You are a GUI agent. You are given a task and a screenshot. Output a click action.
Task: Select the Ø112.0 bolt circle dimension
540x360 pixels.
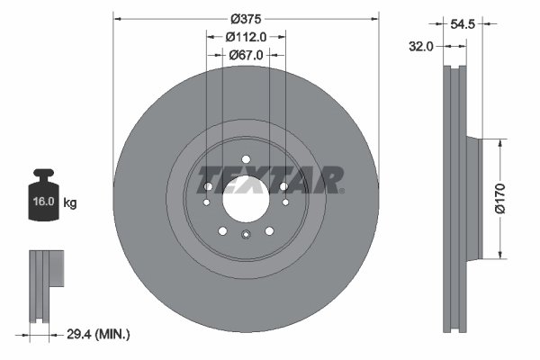246,37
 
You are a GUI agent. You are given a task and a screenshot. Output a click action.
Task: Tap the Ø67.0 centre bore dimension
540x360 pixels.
246,55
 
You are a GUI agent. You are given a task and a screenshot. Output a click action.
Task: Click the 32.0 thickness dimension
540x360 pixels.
422,44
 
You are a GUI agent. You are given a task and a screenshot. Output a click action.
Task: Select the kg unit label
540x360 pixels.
70,203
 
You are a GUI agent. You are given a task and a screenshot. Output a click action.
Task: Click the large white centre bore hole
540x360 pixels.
246,202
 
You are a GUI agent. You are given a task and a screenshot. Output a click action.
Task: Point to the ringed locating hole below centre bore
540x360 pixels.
246,235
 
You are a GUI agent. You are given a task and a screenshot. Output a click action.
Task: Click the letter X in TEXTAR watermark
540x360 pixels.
264,180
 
